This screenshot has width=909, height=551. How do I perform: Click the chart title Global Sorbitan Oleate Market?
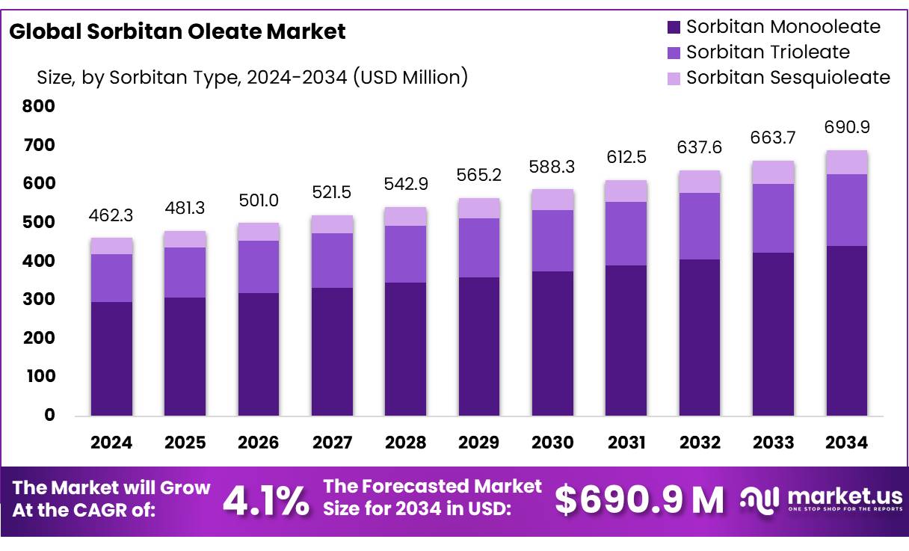(x=177, y=31)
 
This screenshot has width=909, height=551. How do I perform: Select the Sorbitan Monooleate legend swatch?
(x=674, y=28)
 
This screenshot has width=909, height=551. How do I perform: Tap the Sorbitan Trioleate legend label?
(x=768, y=52)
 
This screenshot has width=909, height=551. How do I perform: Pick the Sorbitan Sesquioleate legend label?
(x=788, y=78)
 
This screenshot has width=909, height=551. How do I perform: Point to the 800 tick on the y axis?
(x=40, y=106)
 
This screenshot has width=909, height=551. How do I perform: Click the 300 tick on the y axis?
(x=40, y=300)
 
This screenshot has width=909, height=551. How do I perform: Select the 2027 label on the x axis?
(x=332, y=443)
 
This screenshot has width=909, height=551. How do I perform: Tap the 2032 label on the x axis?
(x=700, y=443)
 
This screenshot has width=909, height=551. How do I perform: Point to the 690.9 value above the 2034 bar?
(x=847, y=127)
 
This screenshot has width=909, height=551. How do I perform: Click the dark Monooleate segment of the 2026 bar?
(x=259, y=354)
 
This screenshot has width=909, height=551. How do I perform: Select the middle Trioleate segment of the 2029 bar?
(x=479, y=247)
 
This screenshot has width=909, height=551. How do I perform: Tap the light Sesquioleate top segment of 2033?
(x=773, y=172)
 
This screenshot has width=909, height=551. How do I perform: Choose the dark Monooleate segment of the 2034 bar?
(x=847, y=330)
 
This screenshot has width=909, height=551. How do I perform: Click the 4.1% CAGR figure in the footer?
(x=266, y=501)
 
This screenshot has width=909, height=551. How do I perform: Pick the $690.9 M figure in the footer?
(x=639, y=500)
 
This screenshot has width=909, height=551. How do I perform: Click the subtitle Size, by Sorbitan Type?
(x=252, y=77)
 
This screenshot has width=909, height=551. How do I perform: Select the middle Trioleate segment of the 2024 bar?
(x=111, y=278)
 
